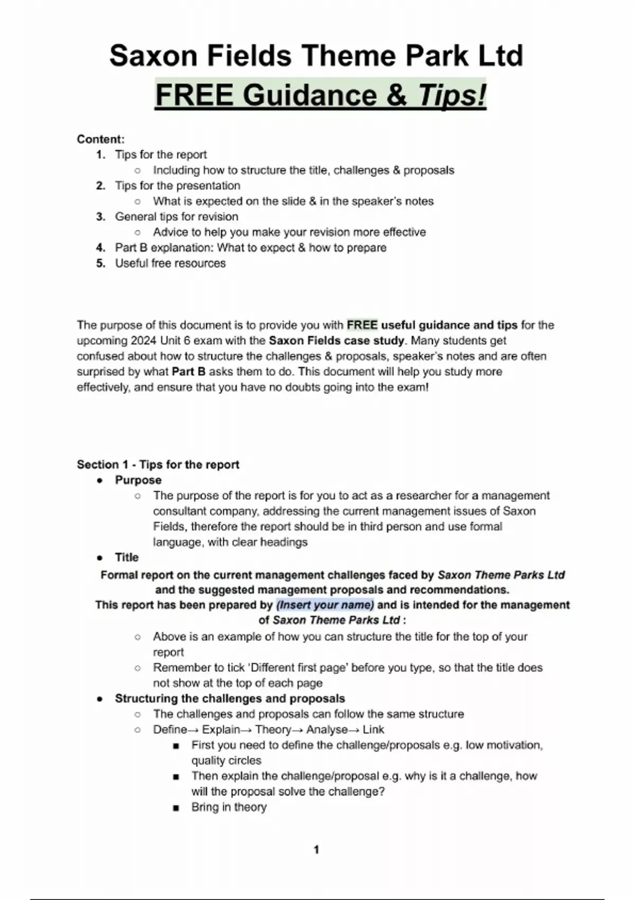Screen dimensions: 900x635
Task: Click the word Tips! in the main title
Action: click(x=452, y=96)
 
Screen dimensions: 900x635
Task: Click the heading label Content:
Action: click(x=101, y=139)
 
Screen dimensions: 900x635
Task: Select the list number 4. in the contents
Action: click(x=101, y=248)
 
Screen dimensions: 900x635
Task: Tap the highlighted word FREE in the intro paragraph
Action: click(x=362, y=325)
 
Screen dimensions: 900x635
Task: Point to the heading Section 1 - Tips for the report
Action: click(x=158, y=465)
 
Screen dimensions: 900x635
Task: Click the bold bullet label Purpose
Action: click(x=138, y=480)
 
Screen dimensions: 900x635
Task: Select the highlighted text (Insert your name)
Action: click(x=325, y=605)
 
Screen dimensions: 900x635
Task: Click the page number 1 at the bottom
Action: click(x=316, y=850)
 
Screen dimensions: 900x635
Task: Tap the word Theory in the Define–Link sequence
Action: click(x=273, y=730)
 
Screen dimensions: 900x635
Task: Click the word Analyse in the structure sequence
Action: click(x=326, y=730)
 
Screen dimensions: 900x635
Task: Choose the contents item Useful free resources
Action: click(x=170, y=263)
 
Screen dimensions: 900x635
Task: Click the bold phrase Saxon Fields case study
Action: click(x=336, y=340)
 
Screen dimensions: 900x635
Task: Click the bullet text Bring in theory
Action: click(x=229, y=807)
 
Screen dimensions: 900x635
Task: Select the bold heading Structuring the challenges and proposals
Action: click(x=230, y=699)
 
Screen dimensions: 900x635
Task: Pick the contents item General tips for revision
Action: click(x=177, y=217)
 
